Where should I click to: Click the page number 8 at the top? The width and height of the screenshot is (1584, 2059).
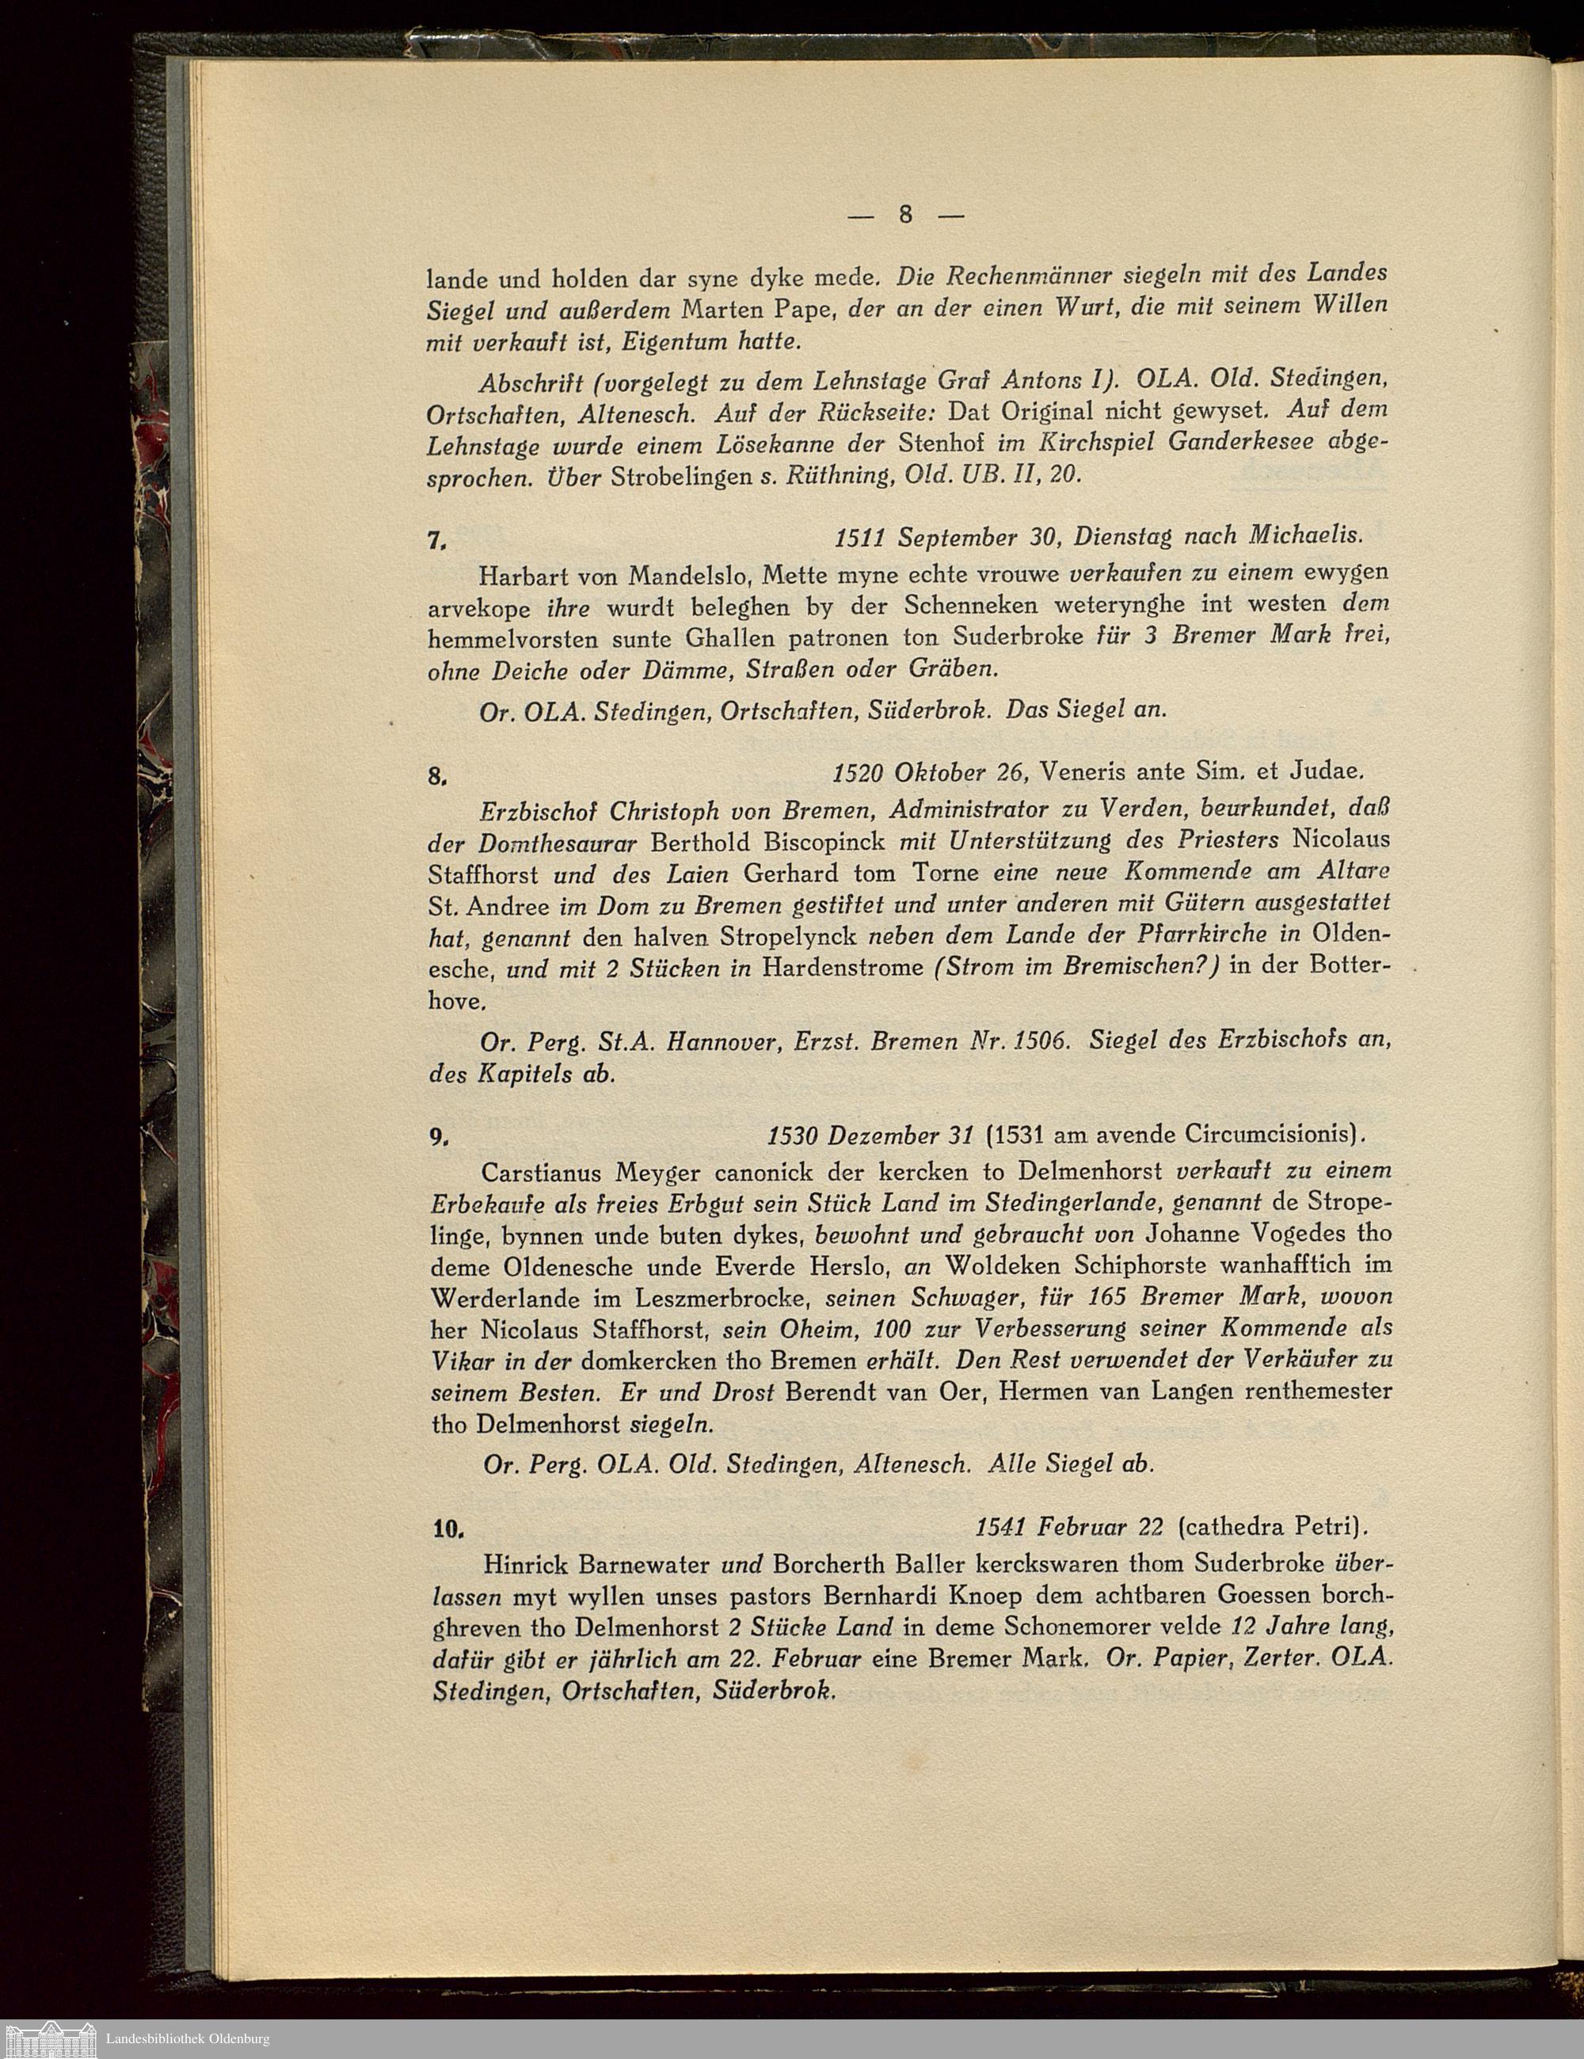[x=905, y=214]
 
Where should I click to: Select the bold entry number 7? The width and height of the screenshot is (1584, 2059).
[x=436, y=541]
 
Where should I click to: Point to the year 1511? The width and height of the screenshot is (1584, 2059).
[x=861, y=536]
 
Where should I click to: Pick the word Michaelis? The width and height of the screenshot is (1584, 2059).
[x=1306, y=536]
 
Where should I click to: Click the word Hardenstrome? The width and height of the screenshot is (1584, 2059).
[x=842, y=967]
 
